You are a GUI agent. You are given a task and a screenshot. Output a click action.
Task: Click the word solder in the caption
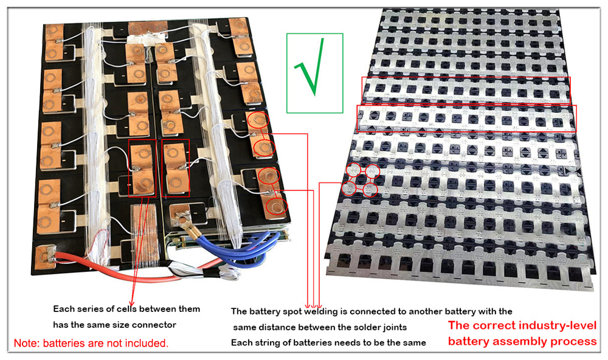351,327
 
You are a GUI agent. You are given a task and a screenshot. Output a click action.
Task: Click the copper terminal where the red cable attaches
46,255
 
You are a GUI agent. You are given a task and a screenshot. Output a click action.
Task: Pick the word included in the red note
148,344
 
